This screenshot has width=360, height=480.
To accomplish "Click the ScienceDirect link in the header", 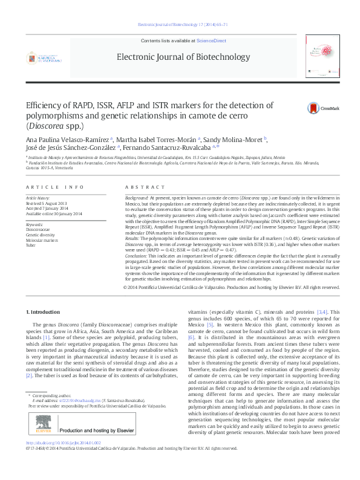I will click(211, 40).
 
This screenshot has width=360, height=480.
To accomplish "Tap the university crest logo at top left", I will click(44, 59).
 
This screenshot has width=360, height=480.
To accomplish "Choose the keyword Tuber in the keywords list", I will click(31, 245).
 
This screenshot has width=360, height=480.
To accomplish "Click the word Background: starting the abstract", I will click(136, 198).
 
